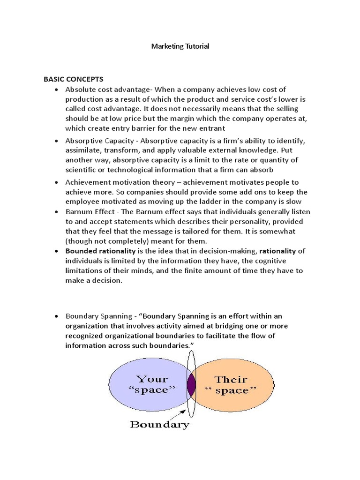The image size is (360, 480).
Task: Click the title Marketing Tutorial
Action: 180,46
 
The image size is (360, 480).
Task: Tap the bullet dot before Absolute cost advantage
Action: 57,90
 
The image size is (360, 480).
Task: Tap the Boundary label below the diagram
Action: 159,425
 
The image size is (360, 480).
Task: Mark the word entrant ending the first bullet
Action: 211,128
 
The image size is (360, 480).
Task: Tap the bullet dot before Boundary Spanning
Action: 57,316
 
